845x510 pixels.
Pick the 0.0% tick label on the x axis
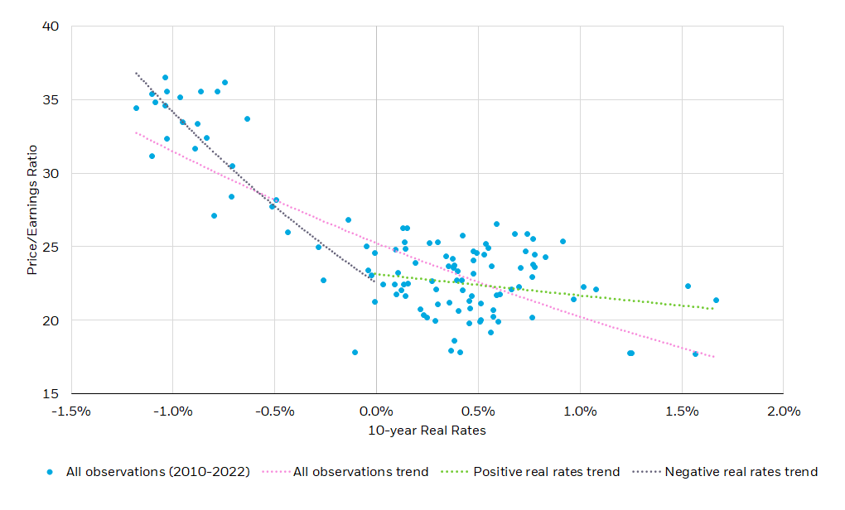(376, 411)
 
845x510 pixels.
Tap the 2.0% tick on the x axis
(783, 411)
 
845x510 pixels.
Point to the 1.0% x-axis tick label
(580, 411)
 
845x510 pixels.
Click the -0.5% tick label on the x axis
(274, 411)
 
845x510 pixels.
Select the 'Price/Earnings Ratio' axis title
(32, 210)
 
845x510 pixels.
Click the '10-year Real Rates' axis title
(427, 431)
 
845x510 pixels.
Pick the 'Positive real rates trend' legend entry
(539, 472)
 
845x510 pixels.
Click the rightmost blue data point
(716, 301)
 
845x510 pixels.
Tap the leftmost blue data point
(136, 108)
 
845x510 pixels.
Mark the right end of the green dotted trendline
(713, 309)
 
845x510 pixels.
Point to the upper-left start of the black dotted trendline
(137, 73)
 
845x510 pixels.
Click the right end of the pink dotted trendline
(714, 357)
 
